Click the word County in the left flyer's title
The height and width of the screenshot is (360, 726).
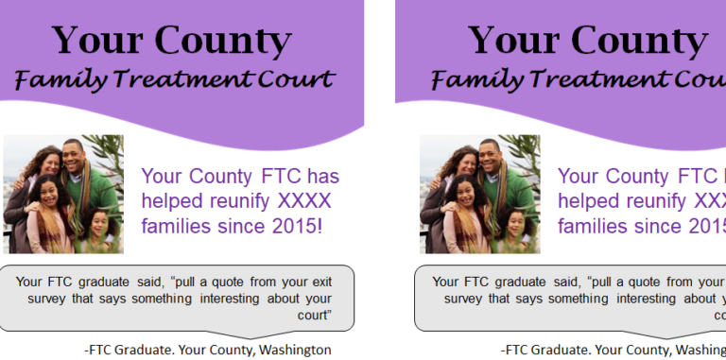[223, 40]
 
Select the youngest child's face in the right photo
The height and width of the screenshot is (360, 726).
[515, 224]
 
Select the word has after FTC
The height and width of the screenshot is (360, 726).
[322, 177]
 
